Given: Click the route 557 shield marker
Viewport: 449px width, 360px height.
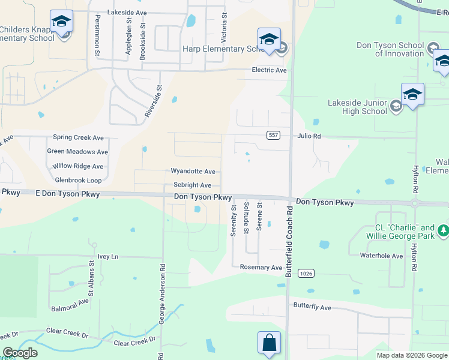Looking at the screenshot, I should click(273, 136).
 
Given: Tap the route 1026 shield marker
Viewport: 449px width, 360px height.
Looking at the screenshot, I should click(306, 273).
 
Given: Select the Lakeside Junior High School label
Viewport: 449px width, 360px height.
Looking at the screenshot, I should click(358, 107).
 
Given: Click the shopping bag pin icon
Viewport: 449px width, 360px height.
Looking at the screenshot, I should click(270, 343).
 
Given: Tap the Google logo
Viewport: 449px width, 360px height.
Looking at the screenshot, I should click(20, 353).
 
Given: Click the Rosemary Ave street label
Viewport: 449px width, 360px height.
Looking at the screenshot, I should click(261, 267).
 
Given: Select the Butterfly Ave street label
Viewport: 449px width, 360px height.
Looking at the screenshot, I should click(312, 307).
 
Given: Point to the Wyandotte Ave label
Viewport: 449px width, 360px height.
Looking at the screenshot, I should click(193, 172).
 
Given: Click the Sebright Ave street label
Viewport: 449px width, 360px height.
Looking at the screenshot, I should click(192, 185).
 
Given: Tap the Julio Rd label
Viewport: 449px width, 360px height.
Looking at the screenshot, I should click(309, 136).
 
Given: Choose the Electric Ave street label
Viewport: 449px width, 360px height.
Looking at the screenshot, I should click(268, 70).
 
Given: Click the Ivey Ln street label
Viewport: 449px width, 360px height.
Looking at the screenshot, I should click(108, 256).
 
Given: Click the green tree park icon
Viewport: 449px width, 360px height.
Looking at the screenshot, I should click(443, 230).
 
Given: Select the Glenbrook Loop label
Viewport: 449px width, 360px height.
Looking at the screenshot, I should click(78, 180).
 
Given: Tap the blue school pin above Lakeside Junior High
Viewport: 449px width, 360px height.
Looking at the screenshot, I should click(412, 95).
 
